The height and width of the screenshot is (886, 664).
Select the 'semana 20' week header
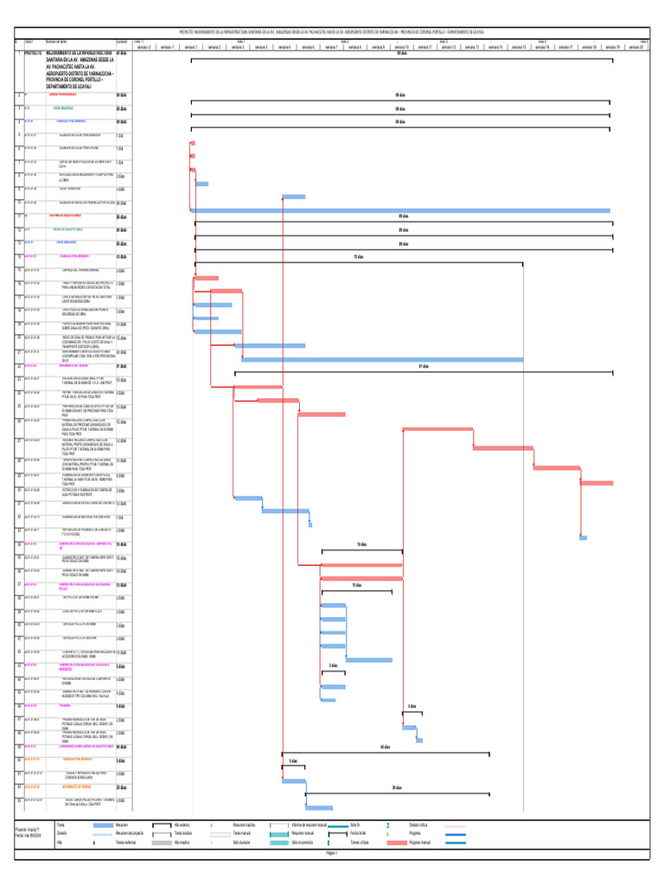[x=636, y=47]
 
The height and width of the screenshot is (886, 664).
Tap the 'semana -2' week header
[x=144, y=47]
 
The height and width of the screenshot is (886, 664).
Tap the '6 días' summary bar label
[x=412, y=706]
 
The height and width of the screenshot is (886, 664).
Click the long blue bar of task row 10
[x=402, y=210]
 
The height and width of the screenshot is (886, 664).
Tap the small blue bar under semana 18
[x=583, y=537]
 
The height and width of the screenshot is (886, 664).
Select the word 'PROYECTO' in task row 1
[x=35, y=52]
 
